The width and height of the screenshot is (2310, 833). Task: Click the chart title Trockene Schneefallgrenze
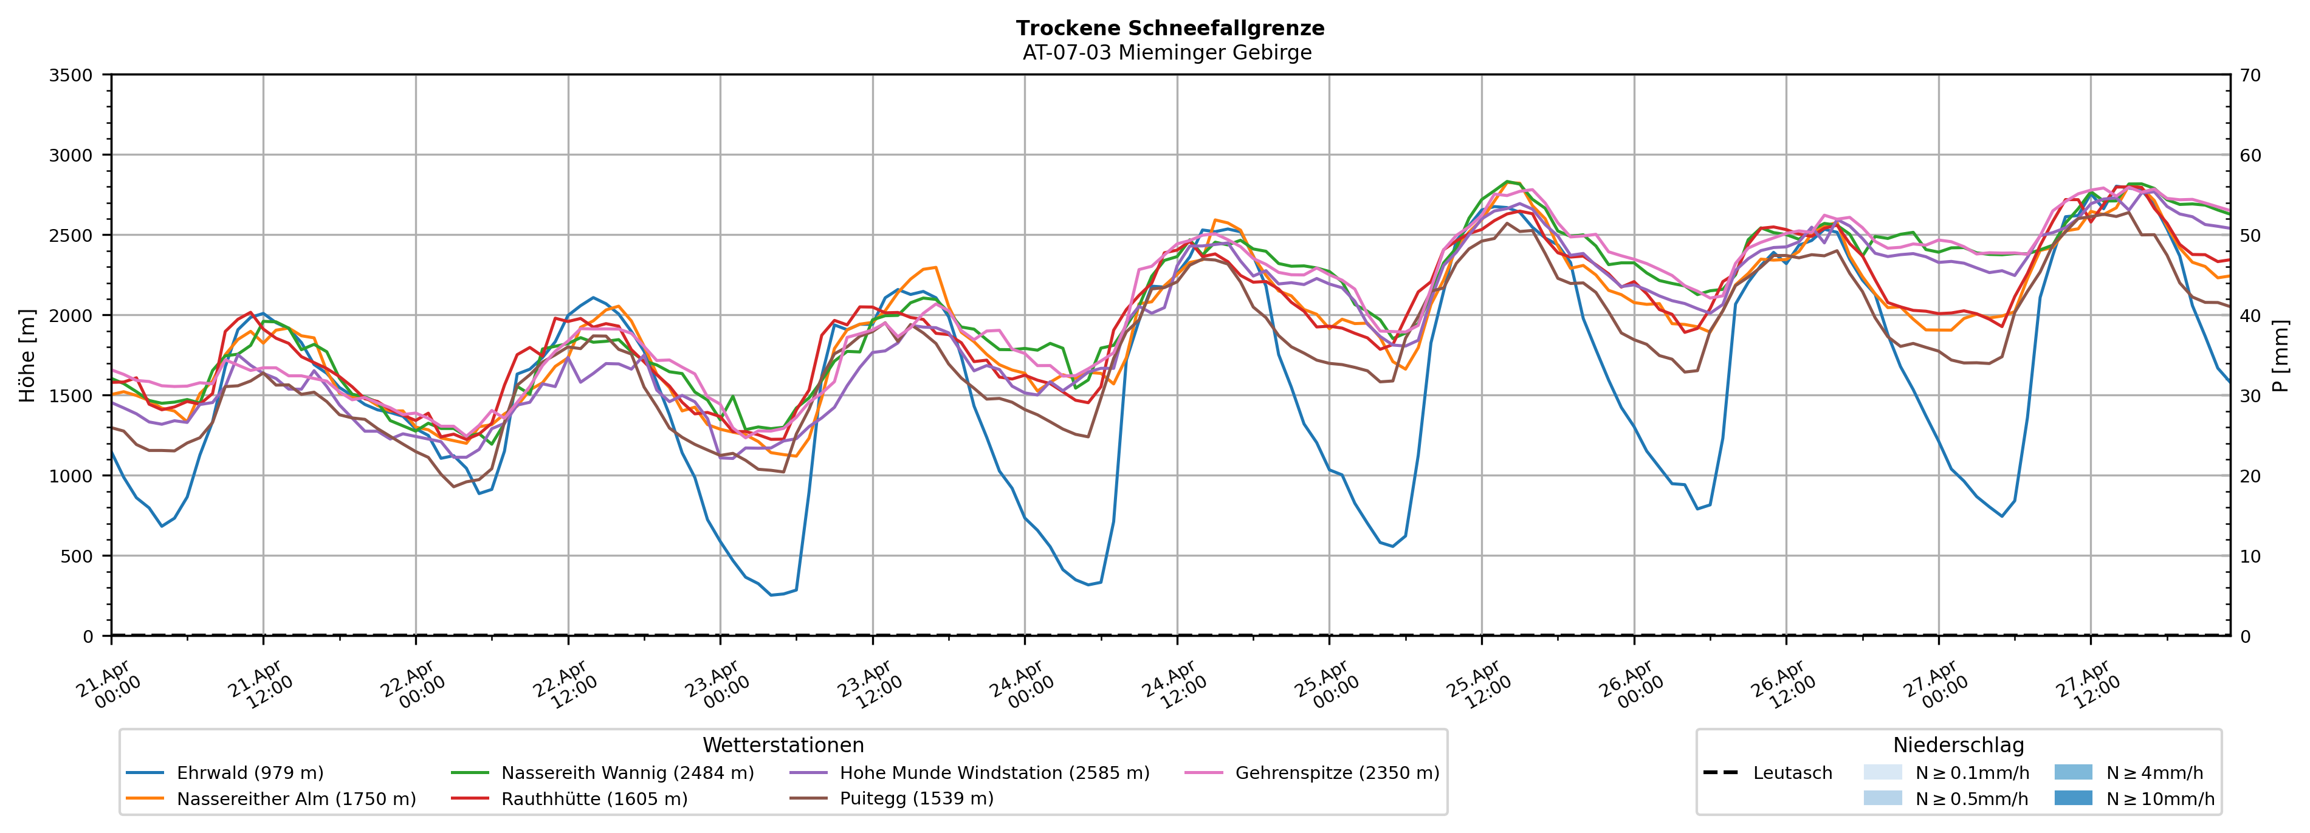(1169, 29)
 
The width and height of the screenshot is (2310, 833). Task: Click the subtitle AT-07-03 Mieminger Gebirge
(1167, 53)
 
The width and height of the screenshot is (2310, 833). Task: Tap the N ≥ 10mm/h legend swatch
(2073, 798)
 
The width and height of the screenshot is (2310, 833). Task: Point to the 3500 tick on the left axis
(71, 75)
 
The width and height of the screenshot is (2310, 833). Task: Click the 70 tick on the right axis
(2250, 75)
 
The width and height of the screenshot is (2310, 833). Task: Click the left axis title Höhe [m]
(27, 355)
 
